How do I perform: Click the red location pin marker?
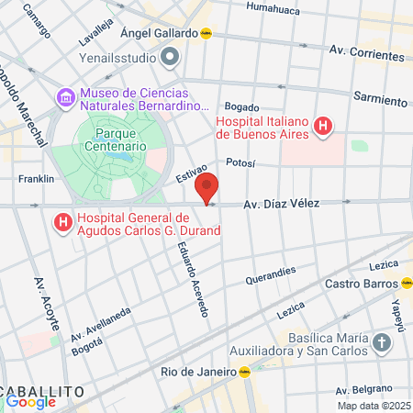pyautogui.click(x=207, y=187)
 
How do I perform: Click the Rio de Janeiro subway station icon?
pyautogui.click(x=245, y=372)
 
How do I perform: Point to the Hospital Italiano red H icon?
pyautogui.click(x=322, y=127)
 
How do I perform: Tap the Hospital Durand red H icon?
pyautogui.click(x=62, y=222)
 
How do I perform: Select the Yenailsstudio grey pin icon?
pyautogui.click(x=169, y=59)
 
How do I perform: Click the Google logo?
pyautogui.click(x=31, y=400)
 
